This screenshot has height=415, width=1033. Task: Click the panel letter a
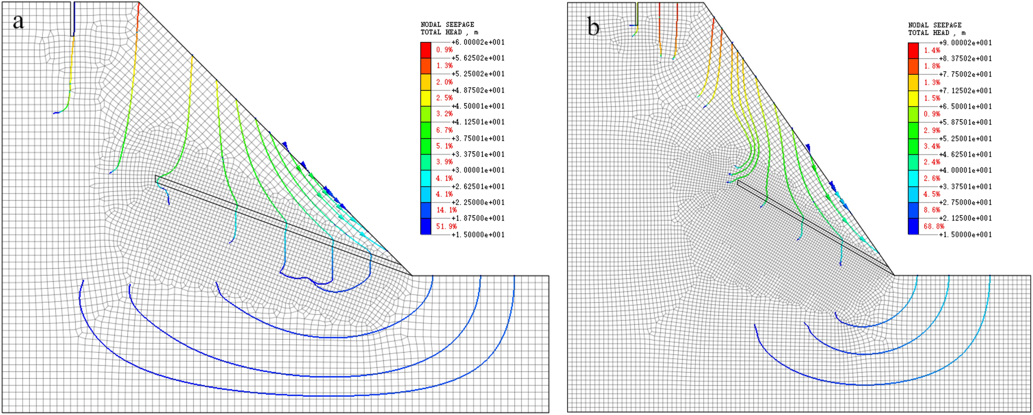19,22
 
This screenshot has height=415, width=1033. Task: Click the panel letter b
593,27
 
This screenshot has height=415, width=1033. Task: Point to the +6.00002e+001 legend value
478,42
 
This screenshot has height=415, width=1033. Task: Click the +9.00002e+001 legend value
965,43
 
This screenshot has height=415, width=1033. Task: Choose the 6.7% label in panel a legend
444,130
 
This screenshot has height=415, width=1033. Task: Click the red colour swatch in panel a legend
426,50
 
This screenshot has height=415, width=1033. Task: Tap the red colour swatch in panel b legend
913,51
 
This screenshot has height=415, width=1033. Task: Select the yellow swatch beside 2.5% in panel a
426,98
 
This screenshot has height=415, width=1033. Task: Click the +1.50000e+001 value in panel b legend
965,235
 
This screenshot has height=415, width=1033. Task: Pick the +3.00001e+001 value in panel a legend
478,170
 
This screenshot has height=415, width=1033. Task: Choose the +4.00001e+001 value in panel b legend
965,170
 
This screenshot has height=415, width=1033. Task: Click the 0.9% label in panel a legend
444,50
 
